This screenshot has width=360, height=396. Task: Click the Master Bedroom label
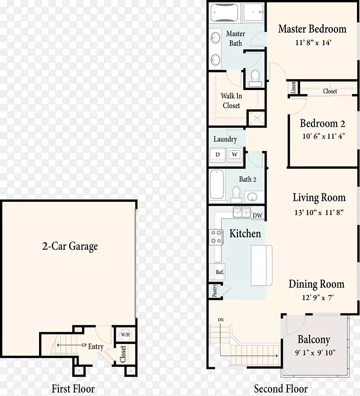click(x=313, y=29)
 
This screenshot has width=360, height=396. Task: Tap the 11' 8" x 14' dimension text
click(x=313, y=43)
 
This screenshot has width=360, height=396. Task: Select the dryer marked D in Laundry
click(x=218, y=154)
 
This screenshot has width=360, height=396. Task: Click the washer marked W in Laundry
click(x=234, y=154)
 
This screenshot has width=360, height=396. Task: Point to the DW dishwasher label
click(x=257, y=215)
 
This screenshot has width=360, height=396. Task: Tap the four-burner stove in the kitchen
click(x=216, y=237)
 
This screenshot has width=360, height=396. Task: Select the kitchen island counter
click(x=262, y=265)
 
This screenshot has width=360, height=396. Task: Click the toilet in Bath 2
click(x=236, y=195)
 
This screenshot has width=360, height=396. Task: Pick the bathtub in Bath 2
click(x=217, y=184)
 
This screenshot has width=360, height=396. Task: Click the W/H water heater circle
click(x=125, y=335)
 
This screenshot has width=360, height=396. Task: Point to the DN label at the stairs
click(x=221, y=320)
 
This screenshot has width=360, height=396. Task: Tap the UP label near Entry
click(x=84, y=345)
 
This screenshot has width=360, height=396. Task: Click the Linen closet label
click(x=293, y=88)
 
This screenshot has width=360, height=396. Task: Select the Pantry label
click(x=215, y=291)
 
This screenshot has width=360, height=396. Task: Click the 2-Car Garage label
click(x=70, y=246)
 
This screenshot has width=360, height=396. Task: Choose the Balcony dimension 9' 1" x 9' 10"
click(x=315, y=352)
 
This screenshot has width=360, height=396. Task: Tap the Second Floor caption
click(x=281, y=389)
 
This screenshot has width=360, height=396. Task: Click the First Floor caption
click(x=73, y=389)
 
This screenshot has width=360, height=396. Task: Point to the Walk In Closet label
click(x=231, y=100)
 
